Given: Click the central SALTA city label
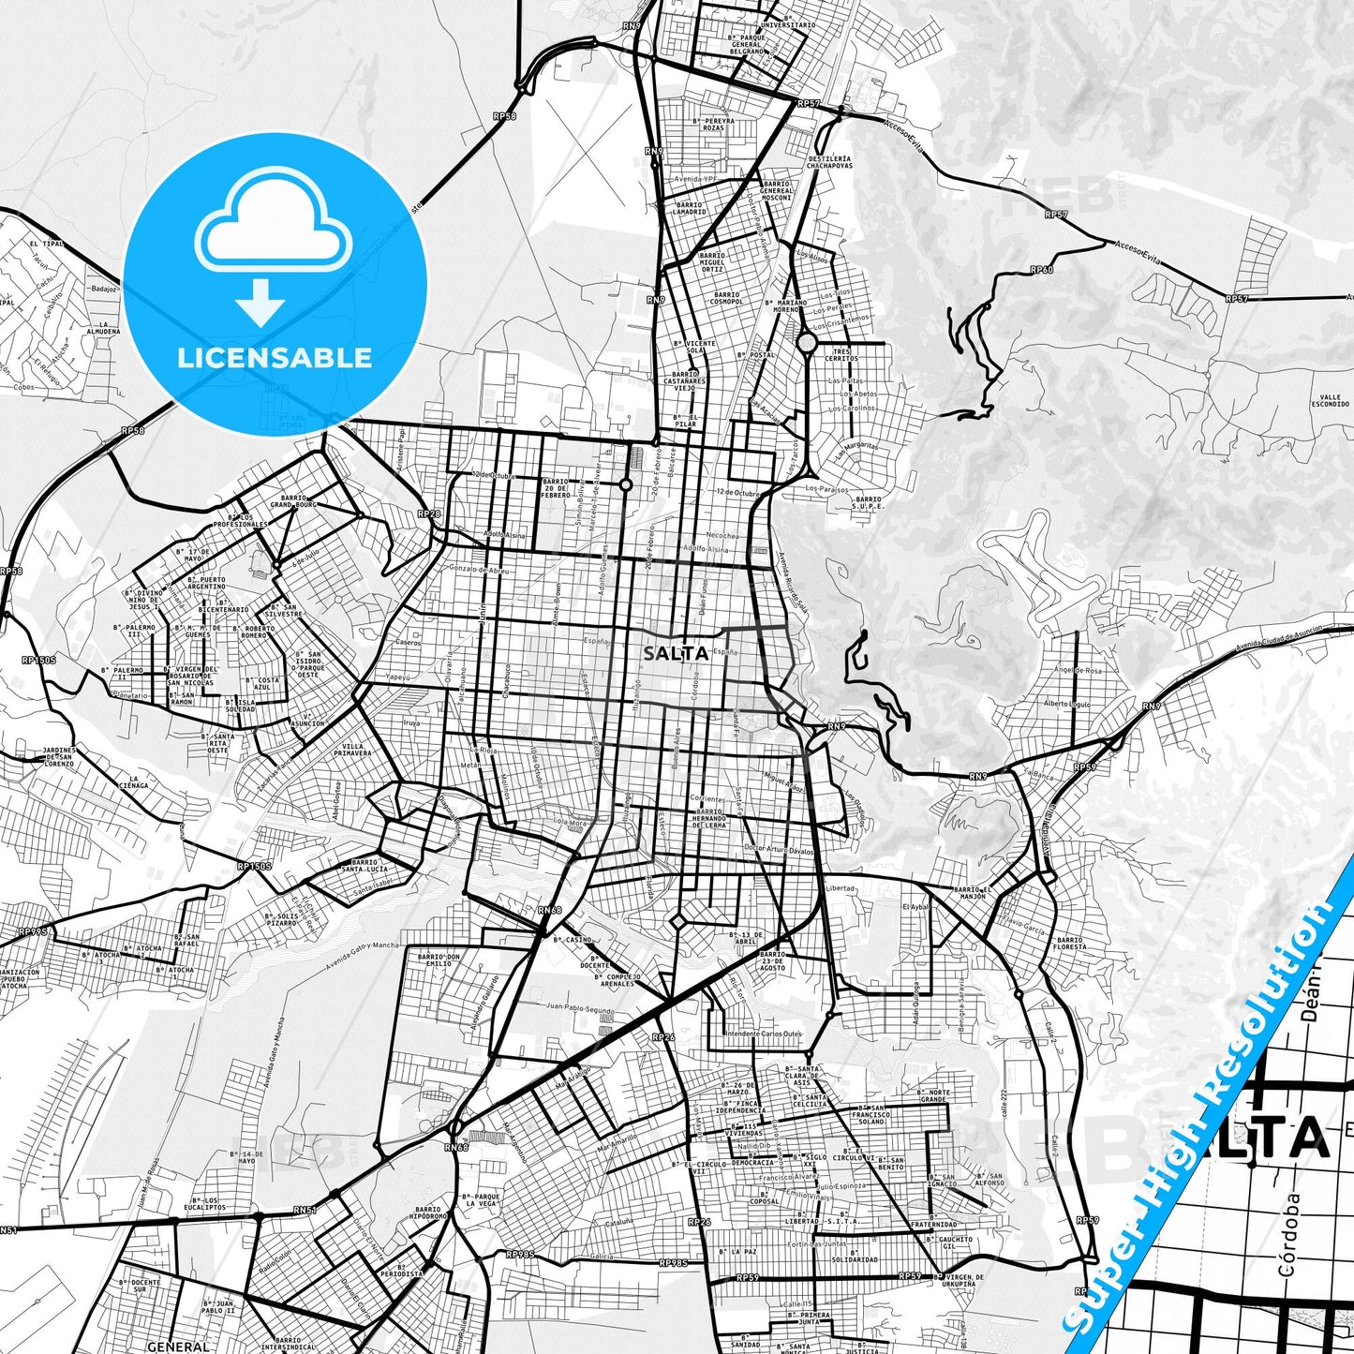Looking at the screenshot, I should pyautogui.click(x=675, y=653).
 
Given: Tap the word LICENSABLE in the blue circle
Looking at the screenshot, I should pyautogui.click(x=275, y=357).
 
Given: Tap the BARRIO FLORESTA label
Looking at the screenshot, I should pyautogui.click(x=1068, y=943).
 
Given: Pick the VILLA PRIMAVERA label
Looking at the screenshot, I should pyautogui.click(x=351, y=749).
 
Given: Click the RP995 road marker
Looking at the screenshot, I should pyautogui.click(x=32, y=931).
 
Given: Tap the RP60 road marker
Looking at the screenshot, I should pyautogui.click(x=1041, y=270).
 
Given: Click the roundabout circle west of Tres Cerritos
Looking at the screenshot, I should pyautogui.click(x=807, y=343).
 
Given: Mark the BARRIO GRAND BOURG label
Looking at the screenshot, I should pyautogui.click(x=293, y=500).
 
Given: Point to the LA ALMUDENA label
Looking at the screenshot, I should pyautogui.click(x=111, y=329).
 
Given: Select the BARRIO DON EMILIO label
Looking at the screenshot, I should pyautogui.click(x=439, y=960).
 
